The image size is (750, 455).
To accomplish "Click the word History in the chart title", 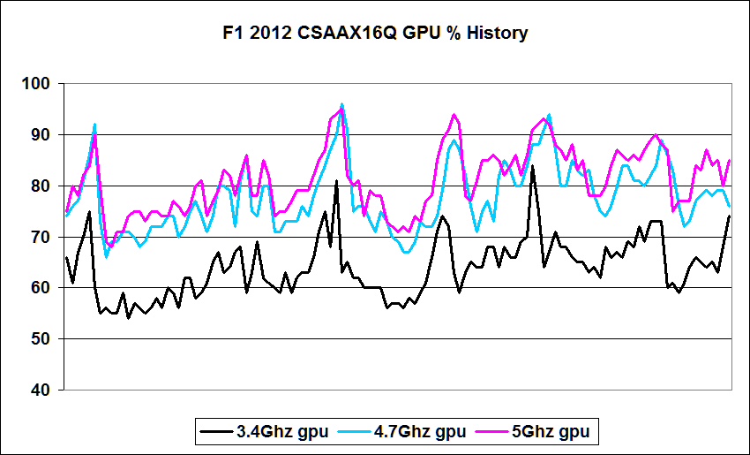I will click(x=497, y=34).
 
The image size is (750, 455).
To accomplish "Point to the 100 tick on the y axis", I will click(x=39, y=84).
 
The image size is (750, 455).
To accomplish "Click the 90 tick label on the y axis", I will click(x=42, y=135).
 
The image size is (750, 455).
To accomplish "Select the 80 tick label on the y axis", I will click(x=42, y=186).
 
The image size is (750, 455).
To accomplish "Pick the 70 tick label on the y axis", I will click(x=42, y=238).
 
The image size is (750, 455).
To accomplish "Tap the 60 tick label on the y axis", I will click(x=42, y=288).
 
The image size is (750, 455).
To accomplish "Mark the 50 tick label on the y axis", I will click(x=42, y=339).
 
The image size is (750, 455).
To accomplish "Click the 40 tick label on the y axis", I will click(x=42, y=391).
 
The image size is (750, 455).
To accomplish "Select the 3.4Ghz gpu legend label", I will click(x=282, y=432).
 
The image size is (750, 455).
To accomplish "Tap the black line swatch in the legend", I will click(x=216, y=432).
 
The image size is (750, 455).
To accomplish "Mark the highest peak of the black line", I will click(x=532, y=166).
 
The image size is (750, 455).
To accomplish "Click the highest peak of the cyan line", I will click(x=341, y=104).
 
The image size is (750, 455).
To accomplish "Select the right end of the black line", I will click(x=730, y=216).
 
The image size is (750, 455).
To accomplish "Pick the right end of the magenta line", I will click(x=730, y=160).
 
